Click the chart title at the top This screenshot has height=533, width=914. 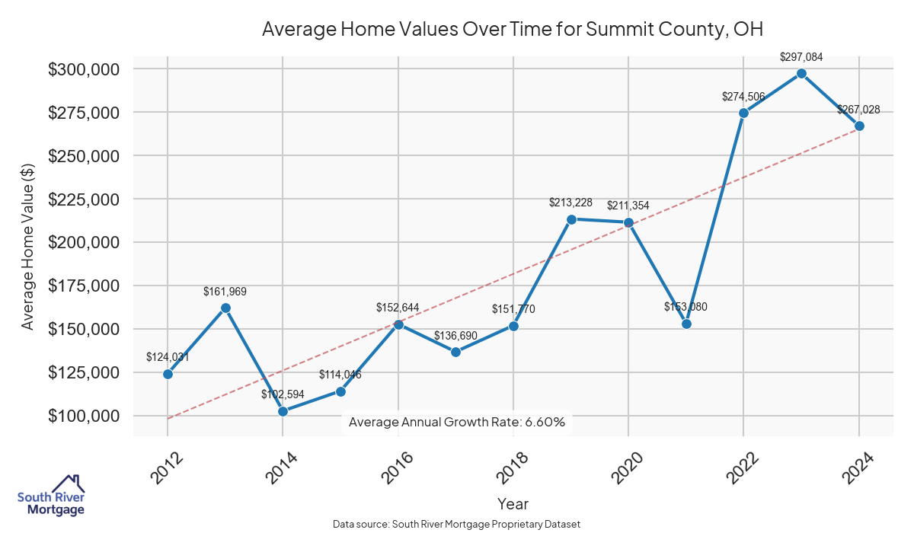click(x=513, y=30)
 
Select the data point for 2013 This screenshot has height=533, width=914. click(x=225, y=308)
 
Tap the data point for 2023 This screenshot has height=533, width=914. click(x=801, y=73)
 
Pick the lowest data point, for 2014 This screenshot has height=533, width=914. click(x=283, y=411)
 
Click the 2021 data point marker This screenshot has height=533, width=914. click(x=686, y=324)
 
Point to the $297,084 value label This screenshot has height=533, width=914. click(x=801, y=56)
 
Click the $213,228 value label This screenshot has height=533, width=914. click(x=570, y=203)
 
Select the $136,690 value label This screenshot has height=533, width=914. click(x=455, y=336)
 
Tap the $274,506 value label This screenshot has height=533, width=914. click(x=743, y=97)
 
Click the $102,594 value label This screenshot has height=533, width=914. click(x=283, y=394)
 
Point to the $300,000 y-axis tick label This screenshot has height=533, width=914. click(x=84, y=69)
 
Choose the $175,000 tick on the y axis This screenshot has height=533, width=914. click(x=84, y=286)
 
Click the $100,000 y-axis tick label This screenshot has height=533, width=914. click(x=84, y=417)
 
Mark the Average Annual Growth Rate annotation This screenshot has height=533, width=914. click(x=456, y=422)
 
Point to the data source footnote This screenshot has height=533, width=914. click(x=457, y=524)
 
